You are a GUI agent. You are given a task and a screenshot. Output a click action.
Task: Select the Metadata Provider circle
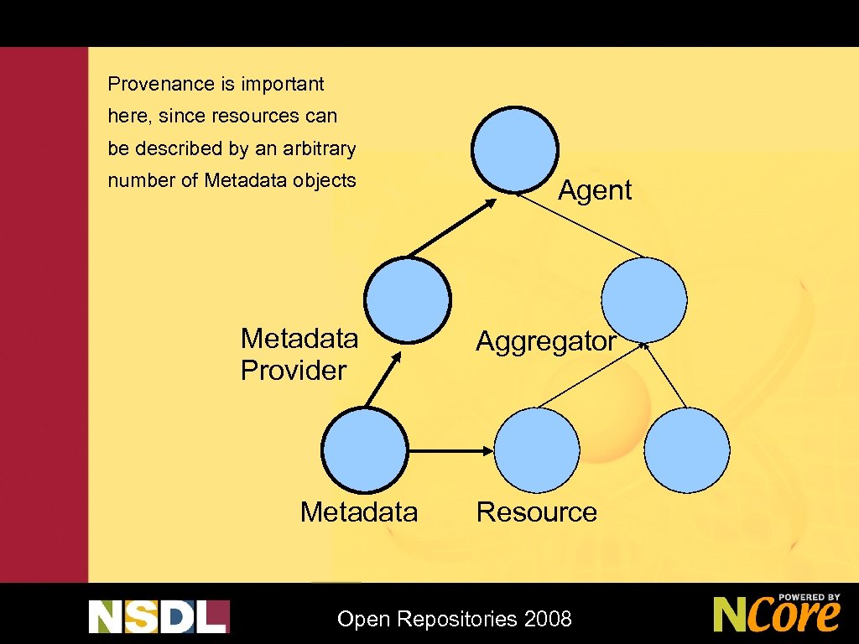[x=407, y=299]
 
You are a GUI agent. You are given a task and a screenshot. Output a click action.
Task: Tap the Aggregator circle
[x=645, y=298]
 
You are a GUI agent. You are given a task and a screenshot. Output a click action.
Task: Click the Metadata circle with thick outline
[x=365, y=450]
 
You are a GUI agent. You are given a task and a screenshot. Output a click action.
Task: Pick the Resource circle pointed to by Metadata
[x=537, y=450]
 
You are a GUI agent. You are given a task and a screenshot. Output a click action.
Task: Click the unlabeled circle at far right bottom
[x=688, y=450]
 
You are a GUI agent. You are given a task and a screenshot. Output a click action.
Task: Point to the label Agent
[x=594, y=190]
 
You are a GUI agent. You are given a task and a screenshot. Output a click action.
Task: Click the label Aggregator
[x=546, y=341]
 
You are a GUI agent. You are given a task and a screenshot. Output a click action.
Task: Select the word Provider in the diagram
[x=293, y=371]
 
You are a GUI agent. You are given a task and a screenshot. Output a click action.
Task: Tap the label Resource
[x=536, y=512]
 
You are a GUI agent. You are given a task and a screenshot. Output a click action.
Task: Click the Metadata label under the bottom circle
[x=358, y=512]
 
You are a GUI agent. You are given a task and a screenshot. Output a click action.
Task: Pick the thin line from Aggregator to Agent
[x=580, y=225]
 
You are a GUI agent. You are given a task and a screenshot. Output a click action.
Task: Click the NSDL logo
[x=159, y=616]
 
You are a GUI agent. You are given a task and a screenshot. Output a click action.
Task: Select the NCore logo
[x=776, y=614]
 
